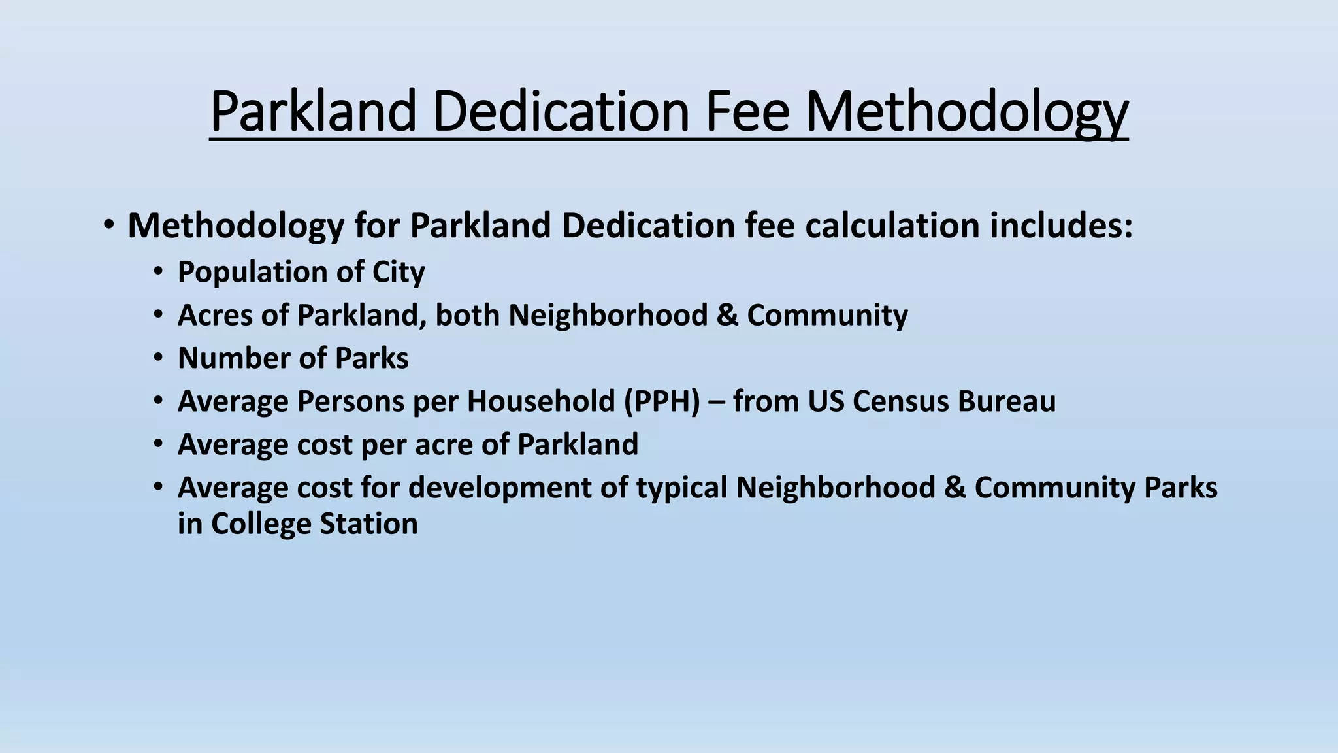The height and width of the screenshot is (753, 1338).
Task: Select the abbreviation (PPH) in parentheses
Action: (661, 401)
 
